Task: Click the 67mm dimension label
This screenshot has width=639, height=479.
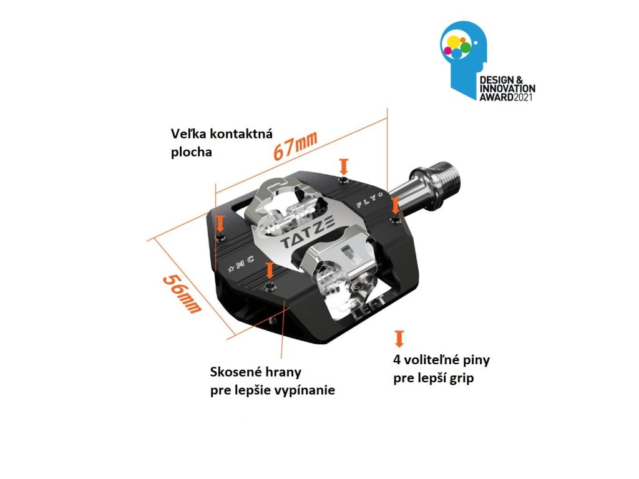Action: pos(295,147)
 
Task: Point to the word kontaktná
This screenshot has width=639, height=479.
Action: pos(242,134)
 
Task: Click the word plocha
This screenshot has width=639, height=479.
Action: pos(191,152)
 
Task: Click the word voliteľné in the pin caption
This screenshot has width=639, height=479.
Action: pos(433,360)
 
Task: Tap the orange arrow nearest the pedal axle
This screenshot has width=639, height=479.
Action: pos(394,205)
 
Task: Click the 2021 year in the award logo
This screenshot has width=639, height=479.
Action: pos(525,98)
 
